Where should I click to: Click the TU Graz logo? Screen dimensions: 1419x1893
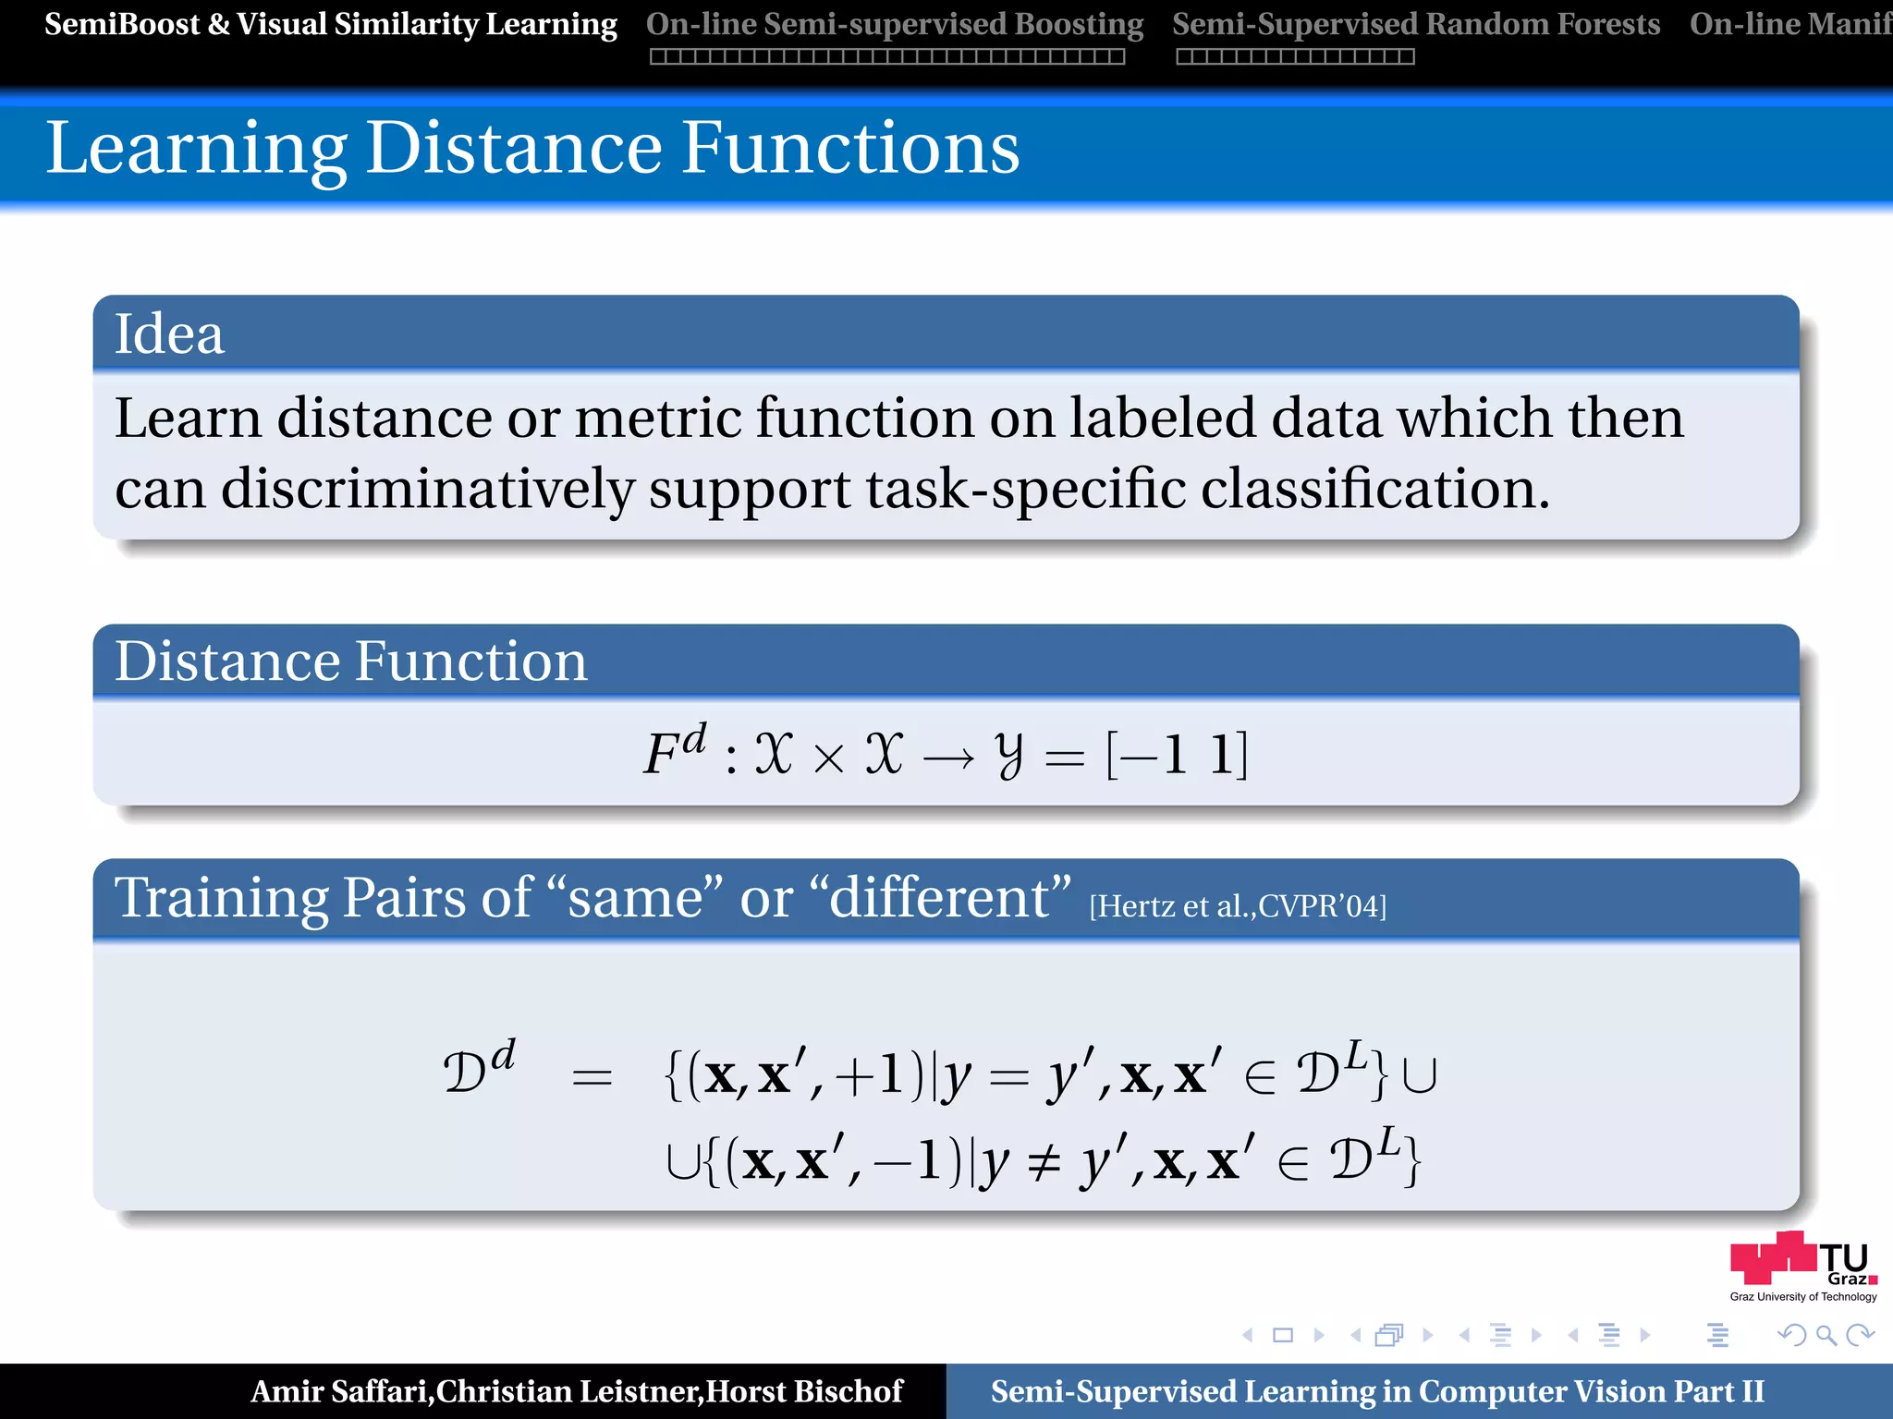pos(1802,1264)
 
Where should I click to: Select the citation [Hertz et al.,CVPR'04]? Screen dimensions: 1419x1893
pos(1238,906)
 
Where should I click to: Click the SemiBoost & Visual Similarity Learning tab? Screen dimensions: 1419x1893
pos(330,24)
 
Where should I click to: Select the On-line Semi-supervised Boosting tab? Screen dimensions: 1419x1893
pos(894,24)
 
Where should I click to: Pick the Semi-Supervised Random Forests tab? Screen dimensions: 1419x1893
pos(1415,24)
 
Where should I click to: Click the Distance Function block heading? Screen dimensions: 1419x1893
pos(350,661)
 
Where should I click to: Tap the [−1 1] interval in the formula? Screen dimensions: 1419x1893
pos(1177,755)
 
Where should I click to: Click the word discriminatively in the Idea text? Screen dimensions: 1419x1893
pos(427,488)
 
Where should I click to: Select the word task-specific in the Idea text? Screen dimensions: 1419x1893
pos(1025,488)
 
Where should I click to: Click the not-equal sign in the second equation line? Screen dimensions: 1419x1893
pos(1044,1161)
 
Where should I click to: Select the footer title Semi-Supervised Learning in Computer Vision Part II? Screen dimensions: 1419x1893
pos(1377,1391)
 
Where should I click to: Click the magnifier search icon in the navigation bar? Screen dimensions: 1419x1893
pos(1826,1335)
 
